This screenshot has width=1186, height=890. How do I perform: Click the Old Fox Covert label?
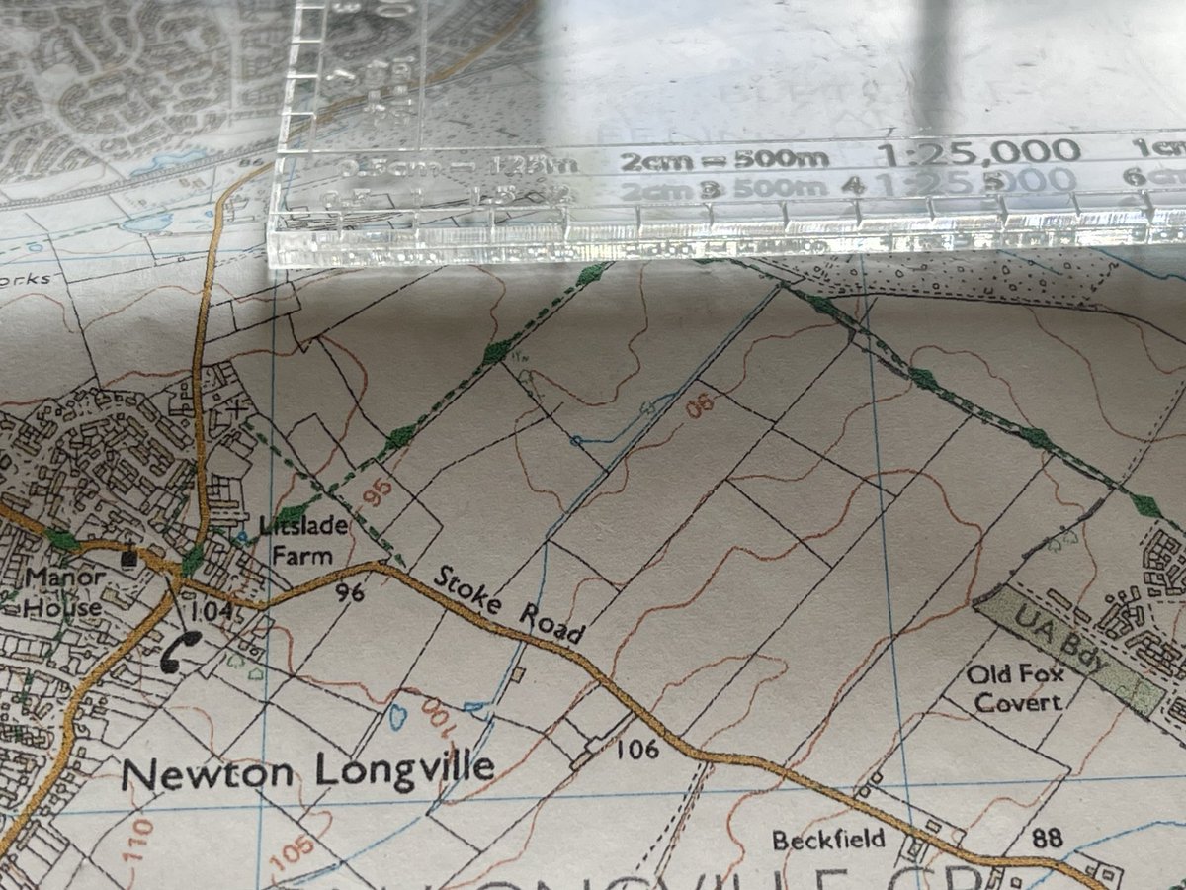(x=1014, y=689)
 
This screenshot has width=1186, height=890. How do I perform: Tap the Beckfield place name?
(x=829, y=843)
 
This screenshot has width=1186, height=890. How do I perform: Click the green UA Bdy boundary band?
(x=1068, y=647)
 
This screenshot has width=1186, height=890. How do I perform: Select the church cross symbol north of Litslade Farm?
(x=235, y=405)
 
